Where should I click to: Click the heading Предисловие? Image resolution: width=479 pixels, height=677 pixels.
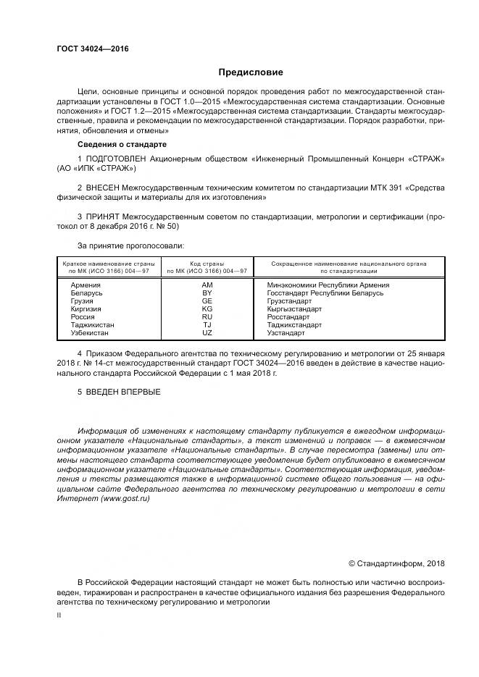click(x=251, y=72)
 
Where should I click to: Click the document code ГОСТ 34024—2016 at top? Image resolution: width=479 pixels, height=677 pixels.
click(x=93, y=49)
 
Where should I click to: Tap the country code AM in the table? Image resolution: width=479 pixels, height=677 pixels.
click(x=207, y=285)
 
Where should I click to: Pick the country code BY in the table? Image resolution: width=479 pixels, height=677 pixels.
click(x=207, y=293)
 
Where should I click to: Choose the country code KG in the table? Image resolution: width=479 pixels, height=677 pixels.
click(x=207, y=309)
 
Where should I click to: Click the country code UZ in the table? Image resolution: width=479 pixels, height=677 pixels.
click(x=207, y=333)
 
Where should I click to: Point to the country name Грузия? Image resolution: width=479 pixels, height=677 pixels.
click(x=82, y=301)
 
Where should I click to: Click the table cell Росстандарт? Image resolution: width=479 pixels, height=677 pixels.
click(x=288, y=317)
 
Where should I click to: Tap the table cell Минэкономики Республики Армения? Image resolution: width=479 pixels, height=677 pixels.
click(x=328, y=285)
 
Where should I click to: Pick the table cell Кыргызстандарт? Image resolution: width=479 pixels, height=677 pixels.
click(x=294, y=309)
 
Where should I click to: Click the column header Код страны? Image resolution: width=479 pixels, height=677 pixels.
click(x=207, y=264)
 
